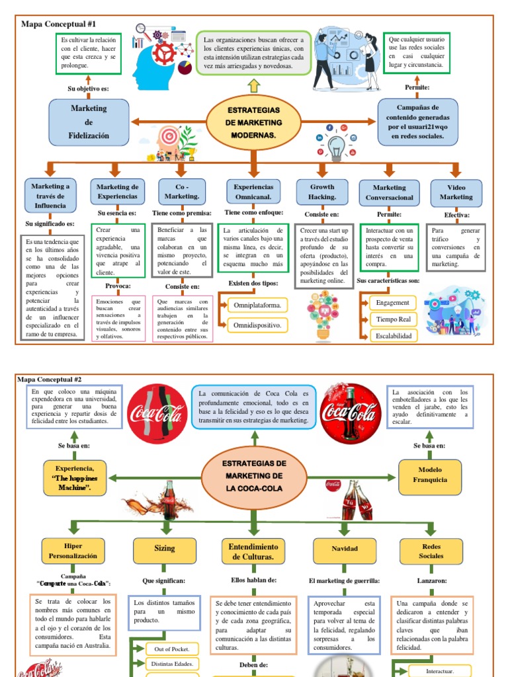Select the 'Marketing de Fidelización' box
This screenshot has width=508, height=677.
[89, 122]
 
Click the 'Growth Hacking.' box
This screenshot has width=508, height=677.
[322, 192]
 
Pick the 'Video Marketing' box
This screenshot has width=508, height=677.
[456, 192]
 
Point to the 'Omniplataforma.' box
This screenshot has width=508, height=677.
[257, 305]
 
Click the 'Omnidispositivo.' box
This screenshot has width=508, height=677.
[257, 325]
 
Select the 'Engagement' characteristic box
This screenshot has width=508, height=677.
[392, 303]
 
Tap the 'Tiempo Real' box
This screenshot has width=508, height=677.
[393, 319]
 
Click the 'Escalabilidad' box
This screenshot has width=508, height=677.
[393, 336]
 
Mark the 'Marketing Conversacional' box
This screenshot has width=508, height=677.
[389, 192]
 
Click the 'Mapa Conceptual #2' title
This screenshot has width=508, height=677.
[50, 379]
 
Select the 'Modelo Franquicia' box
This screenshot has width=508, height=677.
[431, 475]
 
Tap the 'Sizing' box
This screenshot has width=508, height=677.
[165, 548]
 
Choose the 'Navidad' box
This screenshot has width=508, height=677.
[344, 549]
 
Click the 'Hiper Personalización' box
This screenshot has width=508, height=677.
[73, 551]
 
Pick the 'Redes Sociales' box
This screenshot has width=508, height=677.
[431, 551]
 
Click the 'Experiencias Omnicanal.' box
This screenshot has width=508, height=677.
[254, 192]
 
